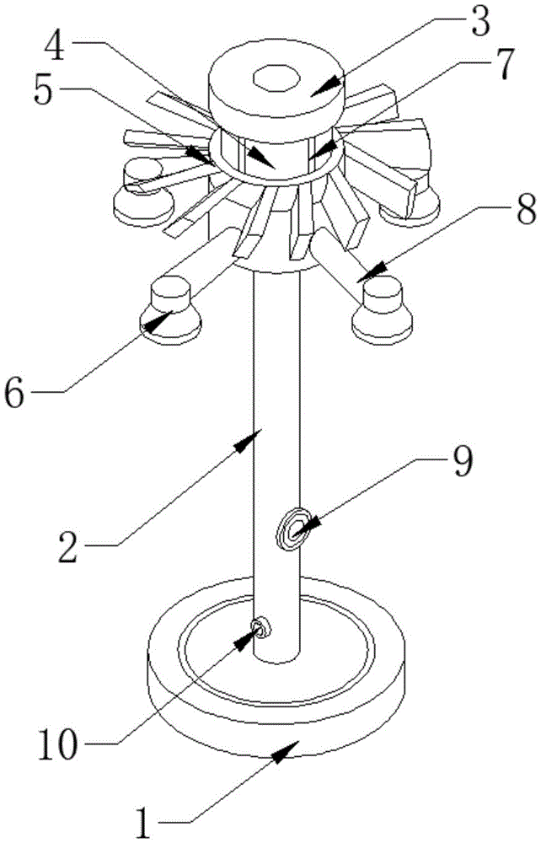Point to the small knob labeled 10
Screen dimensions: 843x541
(x=259, y=627)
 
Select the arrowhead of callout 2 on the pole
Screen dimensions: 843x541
(x=253, y=438)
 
